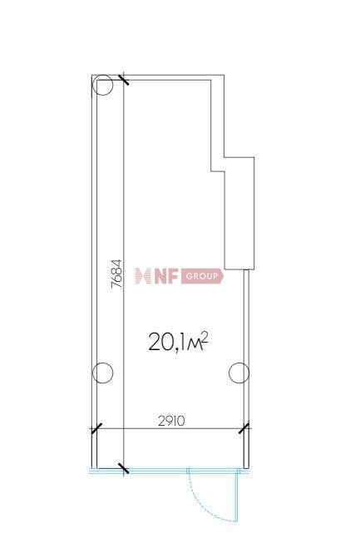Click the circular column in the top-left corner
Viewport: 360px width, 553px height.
[x=102, y=85]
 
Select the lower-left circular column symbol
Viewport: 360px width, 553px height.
[x=101, y=373]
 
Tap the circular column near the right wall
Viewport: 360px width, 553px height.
[x=239, y=373]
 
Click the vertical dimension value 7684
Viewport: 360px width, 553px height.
[x=117, y=274]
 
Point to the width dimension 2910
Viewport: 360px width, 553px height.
[x=170, y=421]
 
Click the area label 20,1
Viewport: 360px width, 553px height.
[x=165, y=341]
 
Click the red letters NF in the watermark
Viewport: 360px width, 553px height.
[x=165, y=276]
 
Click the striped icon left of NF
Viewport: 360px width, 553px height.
[x=141, y=276]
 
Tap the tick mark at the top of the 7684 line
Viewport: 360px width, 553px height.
[x=124, y=80]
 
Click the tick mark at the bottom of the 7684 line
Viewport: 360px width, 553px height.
[x=124, y=469]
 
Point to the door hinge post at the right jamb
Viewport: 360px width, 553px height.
[x=239, y=472]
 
